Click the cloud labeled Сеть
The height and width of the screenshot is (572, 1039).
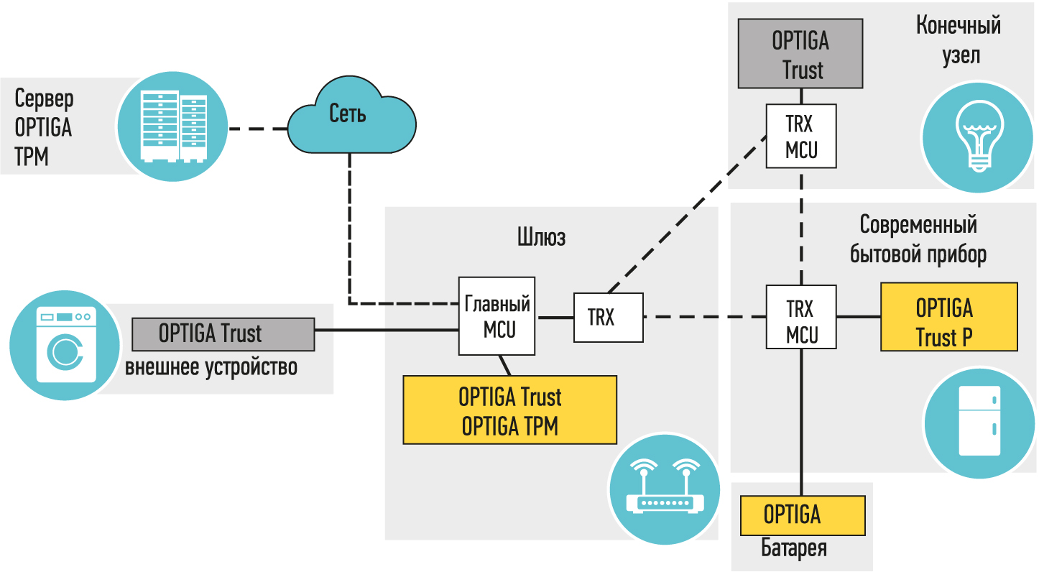tap(351, 119)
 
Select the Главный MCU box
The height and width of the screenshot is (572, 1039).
tap(497, 316)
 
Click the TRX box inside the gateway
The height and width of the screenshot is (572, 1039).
tap(608, 317)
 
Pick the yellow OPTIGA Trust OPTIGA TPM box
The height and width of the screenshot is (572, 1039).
tap(510, 410)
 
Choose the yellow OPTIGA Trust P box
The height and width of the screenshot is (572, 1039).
tap(948, 317)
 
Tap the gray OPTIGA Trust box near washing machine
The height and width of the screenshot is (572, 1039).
tap(223, 335)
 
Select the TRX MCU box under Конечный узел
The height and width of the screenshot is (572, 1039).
tap(800, 137)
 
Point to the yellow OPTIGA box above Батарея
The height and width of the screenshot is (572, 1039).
tap(802, 515)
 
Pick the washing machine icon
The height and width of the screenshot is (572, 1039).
tap(65, 345)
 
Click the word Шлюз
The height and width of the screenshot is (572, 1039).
tap(540, 237)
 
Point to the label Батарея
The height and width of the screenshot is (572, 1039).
tap(793, 549)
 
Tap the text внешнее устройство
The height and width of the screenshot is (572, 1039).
tap(211, 367)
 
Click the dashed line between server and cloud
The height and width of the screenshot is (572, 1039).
tap(257, 129)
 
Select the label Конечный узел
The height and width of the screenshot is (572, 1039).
tap(959, 40)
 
